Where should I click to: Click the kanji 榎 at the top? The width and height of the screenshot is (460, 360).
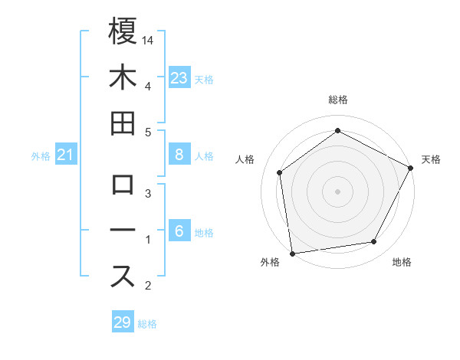click(123, 32)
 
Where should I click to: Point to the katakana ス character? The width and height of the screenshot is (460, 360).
click(123, 277)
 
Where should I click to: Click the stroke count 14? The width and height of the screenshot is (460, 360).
click(148, 39)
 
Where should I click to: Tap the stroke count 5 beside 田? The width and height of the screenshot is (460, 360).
click(148, 132)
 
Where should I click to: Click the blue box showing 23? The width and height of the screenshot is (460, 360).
click(179, 77)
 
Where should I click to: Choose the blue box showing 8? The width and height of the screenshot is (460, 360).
click(179, 155)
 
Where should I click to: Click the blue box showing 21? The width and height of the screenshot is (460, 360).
click(66, 155)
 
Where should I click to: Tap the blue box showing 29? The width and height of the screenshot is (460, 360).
click(123, 322)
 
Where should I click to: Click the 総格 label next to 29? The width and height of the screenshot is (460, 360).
click(148, 324)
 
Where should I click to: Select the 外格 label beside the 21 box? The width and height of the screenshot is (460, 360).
click(41, 156)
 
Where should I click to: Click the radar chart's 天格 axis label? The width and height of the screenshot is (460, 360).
click(431, 159)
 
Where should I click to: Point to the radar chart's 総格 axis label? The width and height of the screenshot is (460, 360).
click(338, 100)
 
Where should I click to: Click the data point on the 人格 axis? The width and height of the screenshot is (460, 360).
click(280, 172)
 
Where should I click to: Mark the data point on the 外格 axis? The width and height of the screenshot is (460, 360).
click(292, 253)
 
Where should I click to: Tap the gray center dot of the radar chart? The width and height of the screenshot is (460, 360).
click(338, 191)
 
